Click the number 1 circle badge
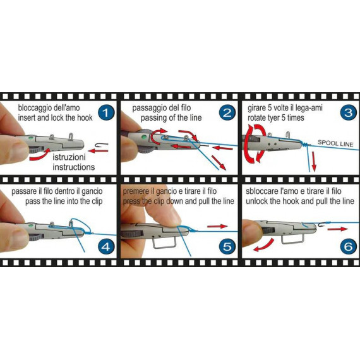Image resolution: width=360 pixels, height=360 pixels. click(105, 112)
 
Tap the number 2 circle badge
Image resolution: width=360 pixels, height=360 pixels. click(227, 112)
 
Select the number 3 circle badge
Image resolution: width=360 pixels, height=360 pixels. click(348, 112)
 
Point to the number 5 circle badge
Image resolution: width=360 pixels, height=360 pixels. click(227, 246)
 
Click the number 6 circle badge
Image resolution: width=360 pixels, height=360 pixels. click(348, 246)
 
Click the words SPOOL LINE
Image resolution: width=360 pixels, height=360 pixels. click(335, 143)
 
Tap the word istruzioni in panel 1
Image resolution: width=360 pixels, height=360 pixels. click(69, 157)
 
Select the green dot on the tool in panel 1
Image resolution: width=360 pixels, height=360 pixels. click(30, 138)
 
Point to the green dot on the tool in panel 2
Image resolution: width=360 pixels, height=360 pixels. click(144, 137)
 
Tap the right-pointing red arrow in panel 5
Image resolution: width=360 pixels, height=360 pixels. click(217, 226)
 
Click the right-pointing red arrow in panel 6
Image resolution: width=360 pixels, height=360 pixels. click(337, 229)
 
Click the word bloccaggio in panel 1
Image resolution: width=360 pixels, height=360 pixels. click(35, 107)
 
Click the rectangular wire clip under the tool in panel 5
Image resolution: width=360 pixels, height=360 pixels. click(165, 242)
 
